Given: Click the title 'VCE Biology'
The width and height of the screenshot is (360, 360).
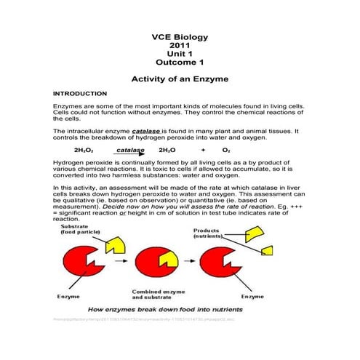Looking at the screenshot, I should [179, 36].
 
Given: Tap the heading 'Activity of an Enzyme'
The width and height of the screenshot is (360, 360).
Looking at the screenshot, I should [179, 79].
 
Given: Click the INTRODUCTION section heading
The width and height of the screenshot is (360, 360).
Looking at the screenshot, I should [80, 95].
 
